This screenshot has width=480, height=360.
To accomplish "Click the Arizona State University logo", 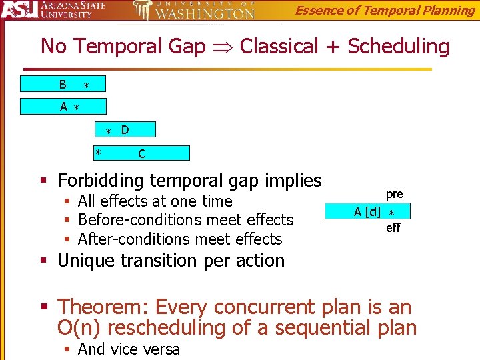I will pyautogui.click(x=53, y=11).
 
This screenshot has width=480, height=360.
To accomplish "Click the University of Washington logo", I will pyautogui.click(x=193, y=11).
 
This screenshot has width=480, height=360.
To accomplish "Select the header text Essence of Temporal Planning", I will pyautogui.click(x=385, y=10).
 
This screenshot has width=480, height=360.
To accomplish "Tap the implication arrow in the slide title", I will pyautogui.click(x=222, y=47).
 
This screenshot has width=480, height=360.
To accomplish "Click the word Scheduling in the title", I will pyautogui.click(x=398, y=47).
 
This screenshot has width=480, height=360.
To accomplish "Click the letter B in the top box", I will pyautogui.click(x=63, y=85).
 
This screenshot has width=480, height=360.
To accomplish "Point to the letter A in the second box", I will pyautogui.click(x=63, y=107).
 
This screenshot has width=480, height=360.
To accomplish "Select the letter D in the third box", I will pyautogui.click(x=125, y=129).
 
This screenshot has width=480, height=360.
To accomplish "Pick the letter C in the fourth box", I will pyautogui.click(x=141, y=154).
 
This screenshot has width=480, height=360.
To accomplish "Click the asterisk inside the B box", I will pyautogui.click(x=86, y=85).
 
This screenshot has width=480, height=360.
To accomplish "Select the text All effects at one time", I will pyautogui.click(x=155, y=201).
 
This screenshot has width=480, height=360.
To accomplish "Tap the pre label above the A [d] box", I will pyautogui.click(x=394, y=194).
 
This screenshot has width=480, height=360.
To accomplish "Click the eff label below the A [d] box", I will pyautogui.click(x=393, y=228).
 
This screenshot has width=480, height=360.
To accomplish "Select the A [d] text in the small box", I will pyautogui.click(x=367, y=212).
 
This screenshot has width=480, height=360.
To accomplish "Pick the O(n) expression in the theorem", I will pyautogui.click(x=81, y=328).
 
